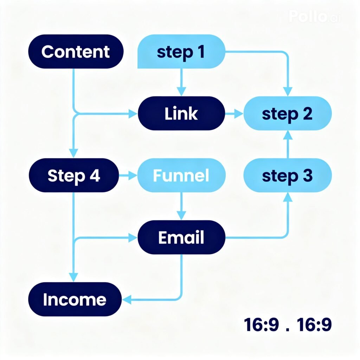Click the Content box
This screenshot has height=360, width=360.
pyautogui.click(x=76, y=52)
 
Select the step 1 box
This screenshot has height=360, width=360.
pyautogui.click(x=181, y=52)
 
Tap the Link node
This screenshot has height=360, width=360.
pyautogui.click(x=181, y=114)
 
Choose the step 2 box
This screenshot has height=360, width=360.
pyautogui.click(x=288, y=114)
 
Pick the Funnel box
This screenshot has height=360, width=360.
pyautogui.click(x=181, y=175)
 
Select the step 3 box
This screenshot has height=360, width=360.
pyautogui.click(x=288, y=175)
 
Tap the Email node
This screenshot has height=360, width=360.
pyautogui.click(x=181, y=237)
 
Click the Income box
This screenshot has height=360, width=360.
pyautogui.click(x=75, y=299)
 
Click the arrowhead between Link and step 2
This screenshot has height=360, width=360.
pyautogui.click(x=239, y=114)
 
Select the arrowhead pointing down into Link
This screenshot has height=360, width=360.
pyautogui.click(x=181, y=91)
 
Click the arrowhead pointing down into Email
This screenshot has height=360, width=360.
pyautogui.click(x=181, y=215)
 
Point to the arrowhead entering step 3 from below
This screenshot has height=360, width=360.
pyautogui.click(x=288, y=198)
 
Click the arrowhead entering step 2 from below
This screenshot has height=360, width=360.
pyautogui.click(x=288, y=136)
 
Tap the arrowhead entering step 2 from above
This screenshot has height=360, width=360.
pyautogui.click(x=288, y=91)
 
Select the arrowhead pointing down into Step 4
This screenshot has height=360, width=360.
pyautogui.click(x=73, y=153)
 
